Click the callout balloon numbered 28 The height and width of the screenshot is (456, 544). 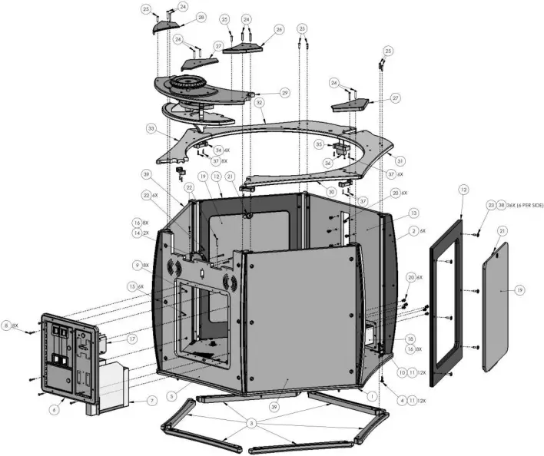click(201, 17)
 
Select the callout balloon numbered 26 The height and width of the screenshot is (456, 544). click(279, 30)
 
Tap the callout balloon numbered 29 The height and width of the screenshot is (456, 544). click(284, 92)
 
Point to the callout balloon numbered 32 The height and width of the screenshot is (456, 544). click(260, 101)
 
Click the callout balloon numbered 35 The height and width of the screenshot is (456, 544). click(319, 144)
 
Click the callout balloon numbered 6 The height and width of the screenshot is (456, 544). click(54, 410)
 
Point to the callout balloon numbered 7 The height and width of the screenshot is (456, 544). click(151, 400)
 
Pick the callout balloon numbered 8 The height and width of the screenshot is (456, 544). click(7, 325)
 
